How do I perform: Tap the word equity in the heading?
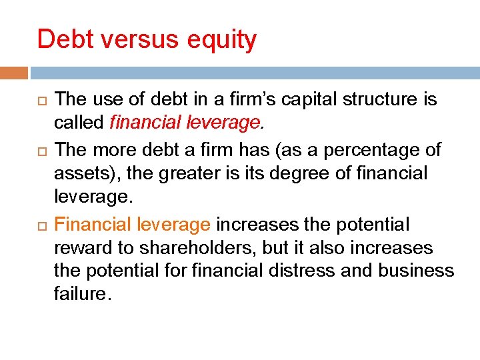(222, 41)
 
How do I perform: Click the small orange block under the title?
(14, 73)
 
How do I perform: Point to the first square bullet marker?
(40, 101)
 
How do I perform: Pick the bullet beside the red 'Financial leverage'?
(40, 225)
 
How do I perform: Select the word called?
(79, 123)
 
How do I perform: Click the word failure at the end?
(80, 294)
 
